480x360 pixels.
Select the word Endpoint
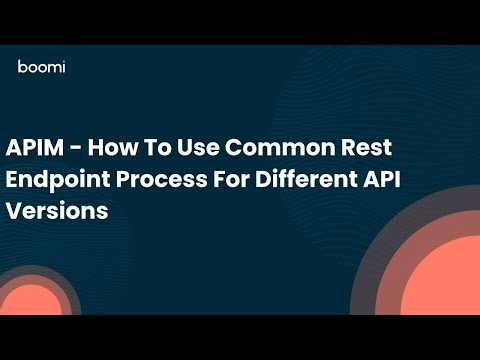pyautogui.click(x=59, y=181)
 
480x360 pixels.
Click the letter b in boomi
pyautogui.click(x=22, y=67)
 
